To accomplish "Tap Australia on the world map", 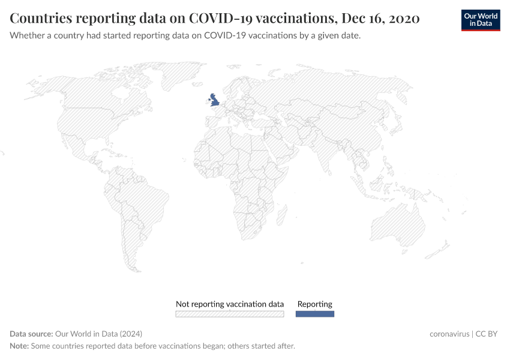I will [398, 226].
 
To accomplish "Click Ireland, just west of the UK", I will [207, 102].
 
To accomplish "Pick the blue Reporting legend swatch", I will [315, 314].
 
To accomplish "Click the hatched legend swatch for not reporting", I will [229, 314].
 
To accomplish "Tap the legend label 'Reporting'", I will [315, 304].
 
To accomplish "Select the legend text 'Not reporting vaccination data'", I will [229, 304].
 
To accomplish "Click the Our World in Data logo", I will [481, 20].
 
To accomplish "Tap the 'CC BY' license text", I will [487, 334].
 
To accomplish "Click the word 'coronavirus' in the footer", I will [449, 334].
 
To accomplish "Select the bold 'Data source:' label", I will [31, 334].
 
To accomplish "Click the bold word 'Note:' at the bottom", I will [19, 346].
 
